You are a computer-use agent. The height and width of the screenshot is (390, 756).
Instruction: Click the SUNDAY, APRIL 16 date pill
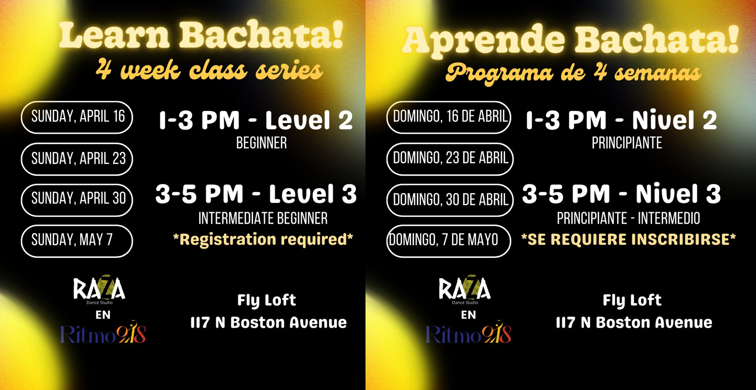click(77, 117)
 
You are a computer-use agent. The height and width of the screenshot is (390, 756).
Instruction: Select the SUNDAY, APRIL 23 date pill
click(77, 159)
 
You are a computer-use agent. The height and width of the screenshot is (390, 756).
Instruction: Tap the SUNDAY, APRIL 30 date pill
click(77, 200)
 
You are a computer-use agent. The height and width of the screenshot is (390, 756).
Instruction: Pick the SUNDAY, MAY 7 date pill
click(77, 241)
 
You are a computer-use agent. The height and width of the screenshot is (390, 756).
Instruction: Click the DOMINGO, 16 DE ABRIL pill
click(449, 117)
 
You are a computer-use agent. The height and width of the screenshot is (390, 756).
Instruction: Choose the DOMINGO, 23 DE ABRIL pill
click(450, 159)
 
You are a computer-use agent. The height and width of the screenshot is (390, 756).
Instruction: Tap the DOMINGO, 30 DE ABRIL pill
click(450, 200)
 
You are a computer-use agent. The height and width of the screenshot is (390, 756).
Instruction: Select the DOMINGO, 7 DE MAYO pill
click(449, 241)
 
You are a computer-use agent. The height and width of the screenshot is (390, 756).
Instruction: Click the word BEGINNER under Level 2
click(261, 143)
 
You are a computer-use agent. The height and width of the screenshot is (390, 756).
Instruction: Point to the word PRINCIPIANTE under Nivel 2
click(627, 143)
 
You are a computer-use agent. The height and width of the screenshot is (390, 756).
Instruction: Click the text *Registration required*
click(263, 240)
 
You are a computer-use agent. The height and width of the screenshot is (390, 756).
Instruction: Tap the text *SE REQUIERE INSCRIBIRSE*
click(628, 240)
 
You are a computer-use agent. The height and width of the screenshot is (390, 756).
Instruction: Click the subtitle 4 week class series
click(209, 70)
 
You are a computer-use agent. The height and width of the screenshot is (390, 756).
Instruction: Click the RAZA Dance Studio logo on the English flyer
click(99, 290)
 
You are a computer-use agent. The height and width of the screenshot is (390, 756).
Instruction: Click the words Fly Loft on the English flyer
click(267, 300)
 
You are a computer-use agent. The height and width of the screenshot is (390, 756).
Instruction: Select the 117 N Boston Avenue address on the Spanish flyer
click(634, 323)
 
